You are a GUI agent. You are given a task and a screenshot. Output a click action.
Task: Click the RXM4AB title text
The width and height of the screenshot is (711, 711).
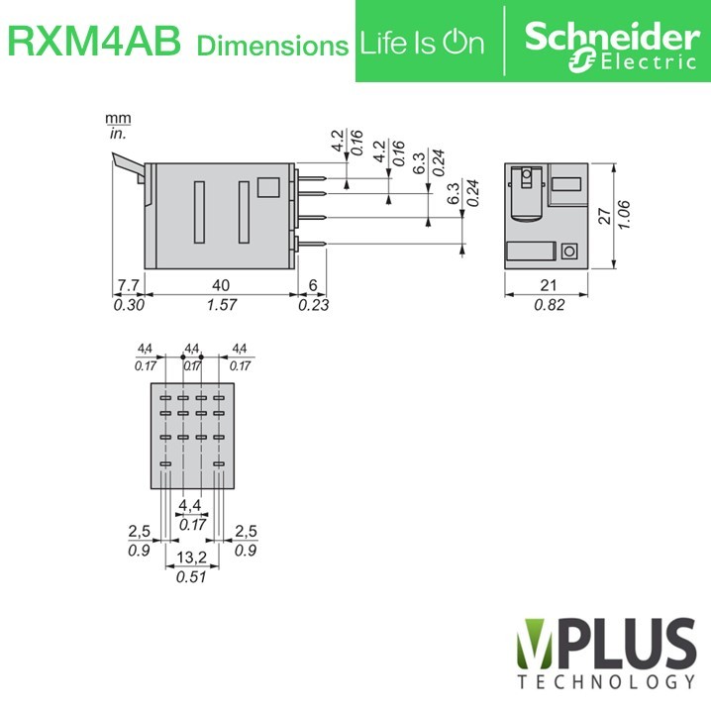(94, 42)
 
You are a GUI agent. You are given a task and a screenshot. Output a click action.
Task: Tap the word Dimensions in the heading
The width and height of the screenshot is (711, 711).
(272, 46)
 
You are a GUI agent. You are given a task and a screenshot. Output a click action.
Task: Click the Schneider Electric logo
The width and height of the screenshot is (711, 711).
(612, 47)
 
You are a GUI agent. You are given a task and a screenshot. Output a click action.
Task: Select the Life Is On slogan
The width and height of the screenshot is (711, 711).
(422, 44)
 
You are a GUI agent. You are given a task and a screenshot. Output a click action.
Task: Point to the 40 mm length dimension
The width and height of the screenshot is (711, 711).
(221, 285)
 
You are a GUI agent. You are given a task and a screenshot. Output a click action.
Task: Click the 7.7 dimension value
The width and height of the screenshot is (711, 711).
(129, 285)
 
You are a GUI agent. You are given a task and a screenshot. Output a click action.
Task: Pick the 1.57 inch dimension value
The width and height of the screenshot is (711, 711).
(222, 305)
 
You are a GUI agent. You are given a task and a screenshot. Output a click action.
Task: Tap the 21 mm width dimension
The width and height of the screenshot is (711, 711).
(549, 285)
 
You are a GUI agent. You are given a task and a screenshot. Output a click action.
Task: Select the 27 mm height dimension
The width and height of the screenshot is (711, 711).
(604, 216)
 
